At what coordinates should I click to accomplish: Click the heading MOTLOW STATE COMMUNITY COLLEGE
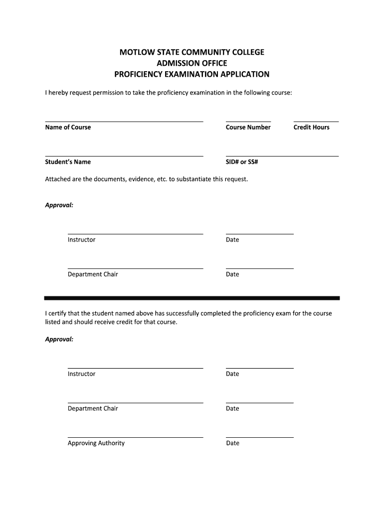click(192, 52)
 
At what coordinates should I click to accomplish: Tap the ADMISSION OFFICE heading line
click(192, 63)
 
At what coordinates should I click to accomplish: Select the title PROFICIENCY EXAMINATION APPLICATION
click(192, 75)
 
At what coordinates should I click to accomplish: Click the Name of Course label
click(68, 127)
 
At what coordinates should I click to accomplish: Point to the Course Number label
click(248, 127)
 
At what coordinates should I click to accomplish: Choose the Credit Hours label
click(311, 127)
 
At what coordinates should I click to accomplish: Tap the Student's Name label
click(68, 162)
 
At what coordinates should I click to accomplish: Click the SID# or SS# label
click(241, 162)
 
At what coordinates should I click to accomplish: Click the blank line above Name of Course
click(124, 121)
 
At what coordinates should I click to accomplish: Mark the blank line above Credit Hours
click(316, 121)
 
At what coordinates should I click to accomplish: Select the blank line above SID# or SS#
click(282, 156)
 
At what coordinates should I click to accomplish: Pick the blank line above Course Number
click(248, 121)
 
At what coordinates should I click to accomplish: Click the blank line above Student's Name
click(124, 156)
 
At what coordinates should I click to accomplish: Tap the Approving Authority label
click(96, 443)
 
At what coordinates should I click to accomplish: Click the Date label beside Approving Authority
click(232, 443)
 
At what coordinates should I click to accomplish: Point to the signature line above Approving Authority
click(135, 437)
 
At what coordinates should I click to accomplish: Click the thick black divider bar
click(192, 298)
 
